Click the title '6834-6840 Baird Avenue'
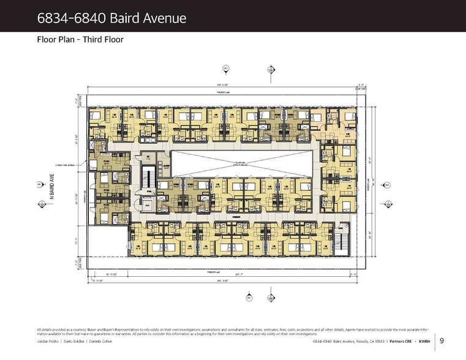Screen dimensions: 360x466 point(111,18)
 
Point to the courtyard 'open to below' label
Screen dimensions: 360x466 point(243,164)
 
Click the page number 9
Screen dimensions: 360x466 point(442,342)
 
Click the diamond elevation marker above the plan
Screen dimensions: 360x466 point(270,70)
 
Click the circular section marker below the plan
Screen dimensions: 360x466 point(249,298)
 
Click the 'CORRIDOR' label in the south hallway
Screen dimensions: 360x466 point(235,217)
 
